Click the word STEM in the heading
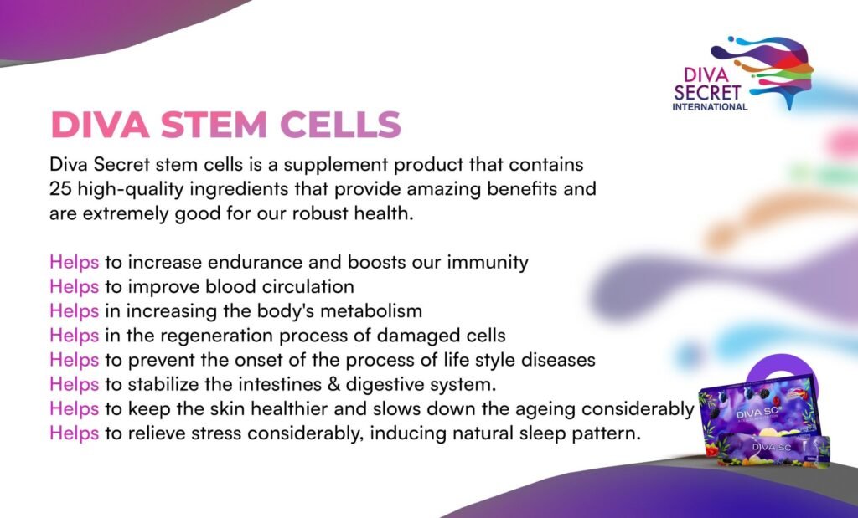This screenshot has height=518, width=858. point(214,126)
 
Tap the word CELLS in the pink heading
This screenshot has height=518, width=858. point(340,126)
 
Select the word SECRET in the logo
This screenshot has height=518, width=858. point(707,93)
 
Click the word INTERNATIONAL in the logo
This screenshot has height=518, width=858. point(710,107)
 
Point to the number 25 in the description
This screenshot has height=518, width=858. point(60,189)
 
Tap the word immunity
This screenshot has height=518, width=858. point(488,263)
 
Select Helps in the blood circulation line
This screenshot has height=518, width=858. point(74,287)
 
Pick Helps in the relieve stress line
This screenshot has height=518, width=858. point(74,433)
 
